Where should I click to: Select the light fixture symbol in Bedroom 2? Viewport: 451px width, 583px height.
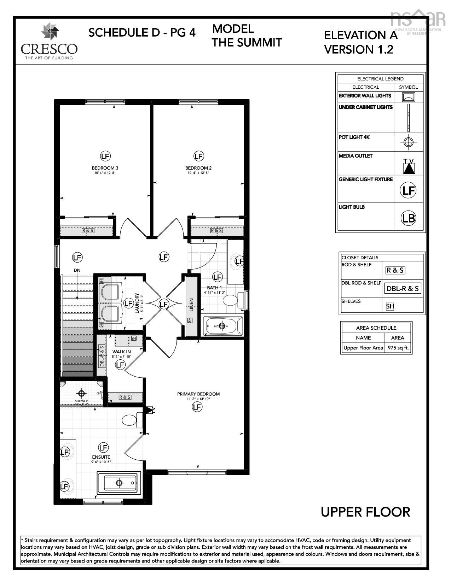199,156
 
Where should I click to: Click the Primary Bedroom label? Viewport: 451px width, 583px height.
198,394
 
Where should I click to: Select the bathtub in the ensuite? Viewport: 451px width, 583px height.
119,483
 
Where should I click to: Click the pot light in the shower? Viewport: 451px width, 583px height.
82,393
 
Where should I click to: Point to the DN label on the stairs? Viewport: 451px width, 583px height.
77,270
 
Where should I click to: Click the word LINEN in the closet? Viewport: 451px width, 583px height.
191,305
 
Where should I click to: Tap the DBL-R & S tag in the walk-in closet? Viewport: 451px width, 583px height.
102,356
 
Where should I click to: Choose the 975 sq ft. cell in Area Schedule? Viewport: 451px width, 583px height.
398,348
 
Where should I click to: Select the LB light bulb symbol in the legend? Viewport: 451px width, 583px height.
409,218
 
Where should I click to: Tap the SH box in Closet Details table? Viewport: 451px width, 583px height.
390,306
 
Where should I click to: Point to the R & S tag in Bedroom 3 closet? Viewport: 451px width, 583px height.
88,230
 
